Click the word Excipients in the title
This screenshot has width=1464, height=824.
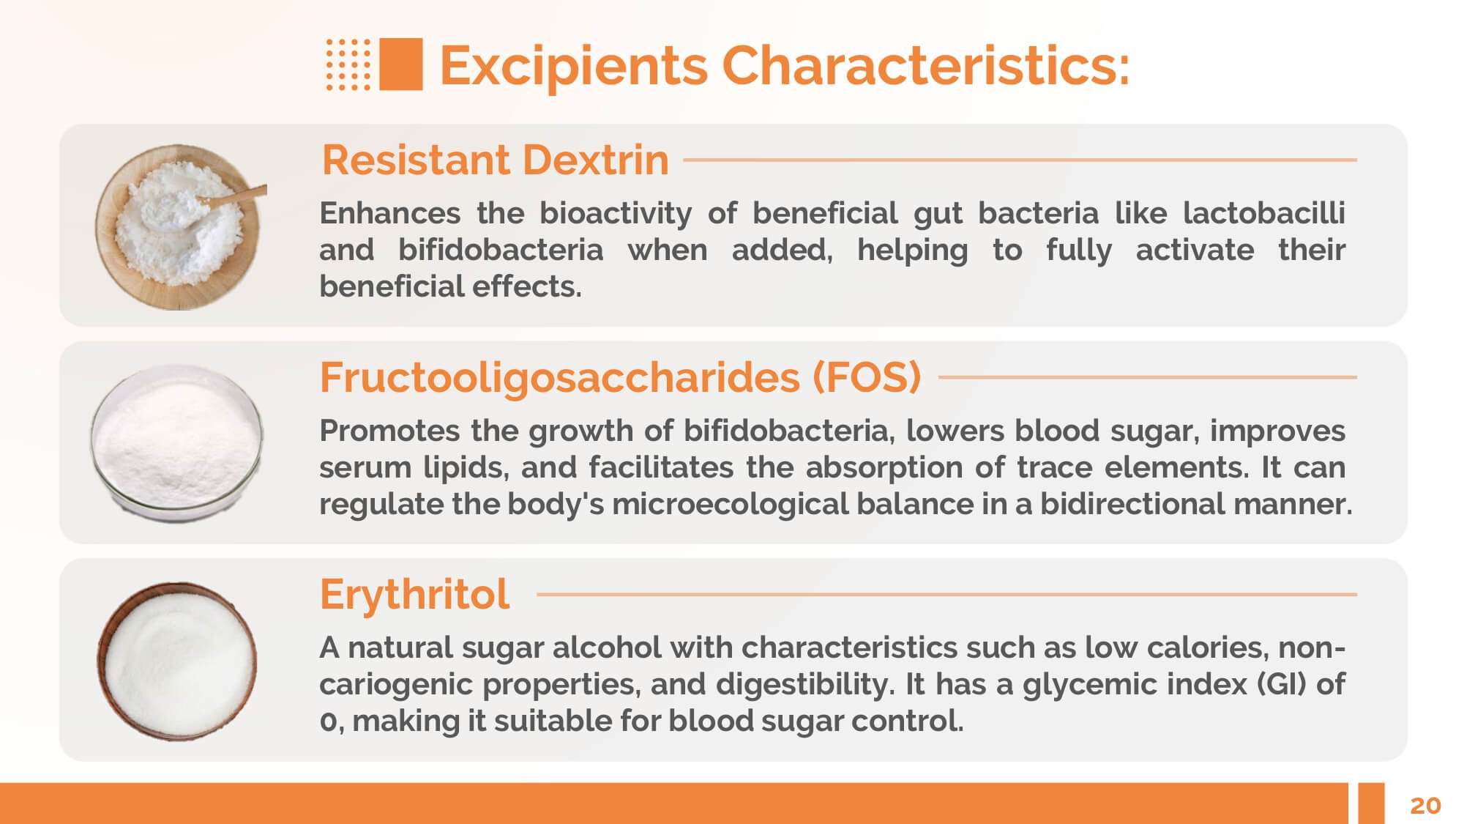click(x=574, y=66)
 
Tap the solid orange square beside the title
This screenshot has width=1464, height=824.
click(x=401, y=64)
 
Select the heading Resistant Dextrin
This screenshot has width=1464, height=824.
click(x=496, y=160)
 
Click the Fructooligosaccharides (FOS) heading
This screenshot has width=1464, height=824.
click(x=620, y=377)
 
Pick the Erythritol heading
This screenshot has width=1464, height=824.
click(x=414, y=594)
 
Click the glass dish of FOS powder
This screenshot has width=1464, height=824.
click(x=176, y=443)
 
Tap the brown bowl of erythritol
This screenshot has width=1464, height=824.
click(x=177, y=661)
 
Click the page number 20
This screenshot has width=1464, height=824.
click(x=1425, y=806)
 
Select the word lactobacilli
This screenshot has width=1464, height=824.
click(x=1264, y=213)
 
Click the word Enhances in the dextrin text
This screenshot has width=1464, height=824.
click(x=390, y=213)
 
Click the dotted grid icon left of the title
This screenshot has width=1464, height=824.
click(x=348, y=64)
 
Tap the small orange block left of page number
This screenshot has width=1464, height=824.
click(x=1371, y=803)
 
